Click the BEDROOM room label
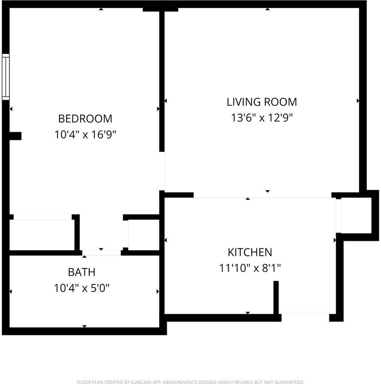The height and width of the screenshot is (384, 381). (x=85, y=119)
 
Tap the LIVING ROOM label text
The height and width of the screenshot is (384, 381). (x=262, y=102)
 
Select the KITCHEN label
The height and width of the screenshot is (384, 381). (x=250, y=252)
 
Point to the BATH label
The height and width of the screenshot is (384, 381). (x=82, y=272)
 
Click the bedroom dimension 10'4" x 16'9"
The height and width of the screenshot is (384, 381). (x=85, y=134)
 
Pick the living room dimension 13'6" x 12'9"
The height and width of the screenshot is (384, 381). (x=262, y=118)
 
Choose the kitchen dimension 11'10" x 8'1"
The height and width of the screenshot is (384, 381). (x=250, y=268)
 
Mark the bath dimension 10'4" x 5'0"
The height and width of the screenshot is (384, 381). (x=82, y=288)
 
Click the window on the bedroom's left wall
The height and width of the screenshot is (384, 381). (x=6, y=77)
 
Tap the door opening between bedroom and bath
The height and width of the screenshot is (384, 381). (x=101, y=253)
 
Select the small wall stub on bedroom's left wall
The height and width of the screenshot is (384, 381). (x=15, y=136)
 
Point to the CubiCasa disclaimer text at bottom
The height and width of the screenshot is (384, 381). (x=190, y=382)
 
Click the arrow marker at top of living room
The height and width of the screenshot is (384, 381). (x=268, y=9)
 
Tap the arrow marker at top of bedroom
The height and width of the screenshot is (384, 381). (x=101, y=9)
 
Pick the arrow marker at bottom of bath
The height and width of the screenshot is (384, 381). (x=84, y=326)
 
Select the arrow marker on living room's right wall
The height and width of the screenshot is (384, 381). (x=358, y=101)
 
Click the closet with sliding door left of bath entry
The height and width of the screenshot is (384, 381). (x=42, y=235)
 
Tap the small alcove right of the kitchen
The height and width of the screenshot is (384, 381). (x=356, y=215)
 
